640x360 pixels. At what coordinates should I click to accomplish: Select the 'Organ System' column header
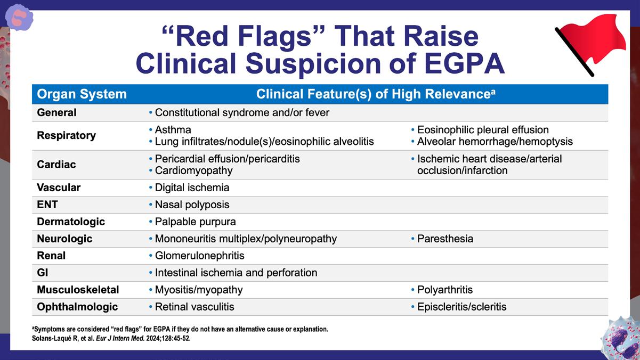[82, 94]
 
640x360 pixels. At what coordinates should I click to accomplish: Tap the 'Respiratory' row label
[66, 136]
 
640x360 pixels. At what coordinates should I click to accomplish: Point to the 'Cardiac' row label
[56, 165]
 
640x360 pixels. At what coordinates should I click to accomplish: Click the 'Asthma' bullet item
[173, 130]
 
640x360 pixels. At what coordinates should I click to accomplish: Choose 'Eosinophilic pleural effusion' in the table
[483, 130]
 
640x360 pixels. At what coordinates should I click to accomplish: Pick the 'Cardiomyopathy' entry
[194, 171]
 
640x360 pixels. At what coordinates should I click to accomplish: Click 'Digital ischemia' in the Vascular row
[192, 187]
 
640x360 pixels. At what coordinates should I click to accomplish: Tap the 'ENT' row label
[47, 204]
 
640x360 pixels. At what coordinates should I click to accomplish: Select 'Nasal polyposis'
[192, 204]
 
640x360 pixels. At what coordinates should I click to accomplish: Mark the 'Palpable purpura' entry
[196, 222]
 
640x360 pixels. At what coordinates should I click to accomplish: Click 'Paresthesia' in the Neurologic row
[445, 239]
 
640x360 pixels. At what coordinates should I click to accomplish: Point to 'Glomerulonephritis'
[199, 256]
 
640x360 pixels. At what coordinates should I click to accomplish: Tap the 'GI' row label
[42, 273]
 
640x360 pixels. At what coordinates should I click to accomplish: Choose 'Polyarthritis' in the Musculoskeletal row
[445, 290]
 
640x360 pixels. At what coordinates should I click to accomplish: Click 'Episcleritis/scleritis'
[461, 307]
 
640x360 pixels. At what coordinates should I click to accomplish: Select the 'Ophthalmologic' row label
[77, 307]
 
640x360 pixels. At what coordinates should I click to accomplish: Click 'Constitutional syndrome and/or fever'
[242, 113]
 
